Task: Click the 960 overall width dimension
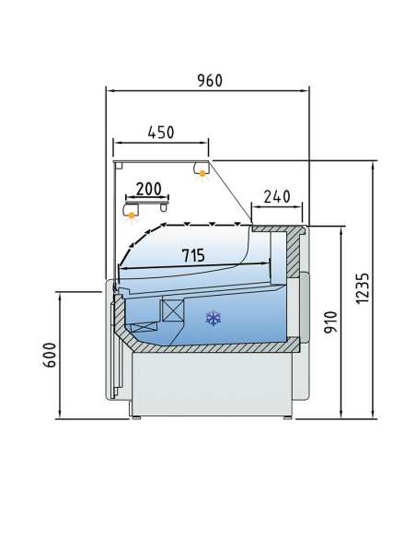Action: (x=209, y=80)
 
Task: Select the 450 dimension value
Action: (x=161, y=132)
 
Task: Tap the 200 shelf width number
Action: (x=148, y=189)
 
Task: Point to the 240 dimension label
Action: (x=276, y=195)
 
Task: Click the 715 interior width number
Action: (x=193, y=255)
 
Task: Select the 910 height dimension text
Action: (x=331, y=322)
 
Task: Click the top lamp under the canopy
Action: (x=201, y=170)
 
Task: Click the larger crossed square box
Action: (x=172, y=310)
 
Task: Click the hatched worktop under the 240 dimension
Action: (x=278, y=228)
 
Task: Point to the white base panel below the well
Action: (x=212, y=382)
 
